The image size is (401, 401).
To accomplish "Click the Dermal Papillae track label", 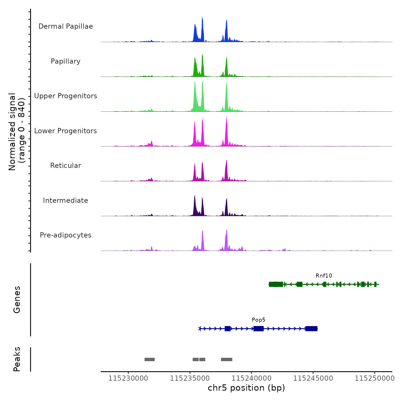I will (x=66, y=26).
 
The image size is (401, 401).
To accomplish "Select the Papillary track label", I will (x=66, y=61).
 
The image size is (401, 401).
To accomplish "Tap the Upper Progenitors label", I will (x=66, y=96).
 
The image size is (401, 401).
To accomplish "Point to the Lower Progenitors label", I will (x=66, y=131).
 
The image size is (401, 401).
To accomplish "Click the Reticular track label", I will (x=66, y=166).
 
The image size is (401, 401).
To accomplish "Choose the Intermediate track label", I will (x=66, y=200).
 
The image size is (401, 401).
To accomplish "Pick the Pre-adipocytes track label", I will (x=66, y=235).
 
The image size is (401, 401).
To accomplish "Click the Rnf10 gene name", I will (x=324, y=276).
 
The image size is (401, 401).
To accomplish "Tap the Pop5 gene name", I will (x=258, y=320).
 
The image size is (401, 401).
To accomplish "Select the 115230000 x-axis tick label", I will (x=128, y=378).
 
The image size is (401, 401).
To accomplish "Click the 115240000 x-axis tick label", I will (x=251, y=378).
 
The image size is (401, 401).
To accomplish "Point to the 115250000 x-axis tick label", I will (x=375, y=378).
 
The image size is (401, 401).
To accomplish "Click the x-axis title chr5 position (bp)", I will (x=246, y=388).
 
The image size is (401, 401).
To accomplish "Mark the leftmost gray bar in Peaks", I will (x=150, y=359).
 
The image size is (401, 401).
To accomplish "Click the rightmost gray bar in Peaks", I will (x=227, y=359).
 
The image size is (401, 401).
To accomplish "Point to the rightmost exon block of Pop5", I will (x=311, y=329).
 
